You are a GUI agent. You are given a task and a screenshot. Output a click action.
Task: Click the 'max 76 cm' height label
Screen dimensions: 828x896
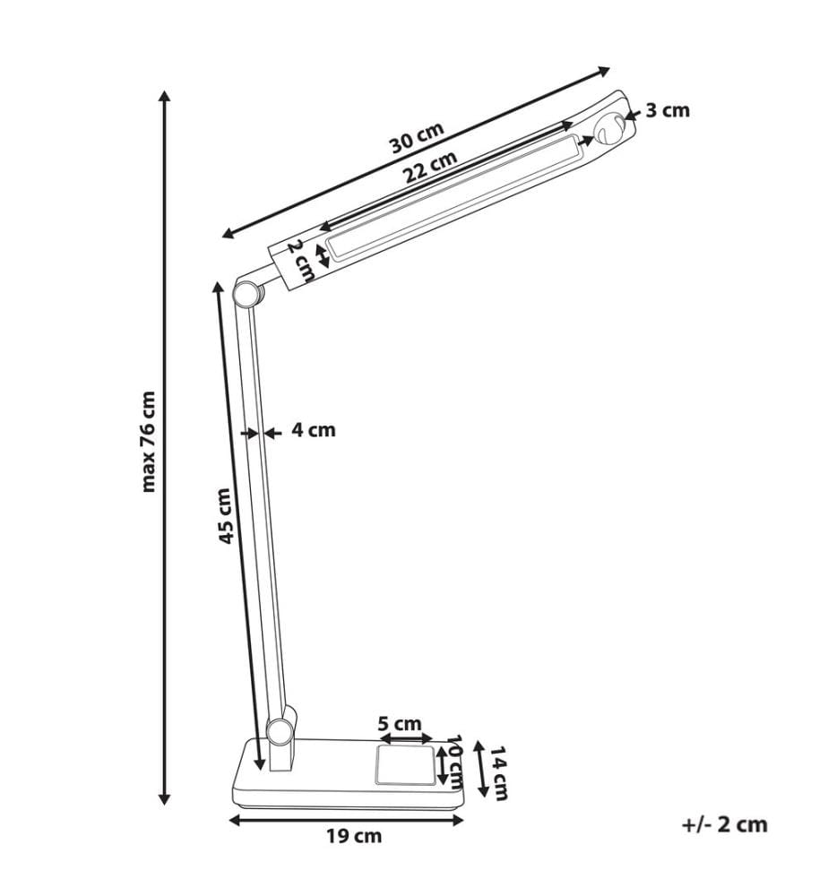pyautogui.click(x=148, y=442)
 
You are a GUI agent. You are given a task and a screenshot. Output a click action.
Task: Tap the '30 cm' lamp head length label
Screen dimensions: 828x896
pyautogui.click(x=417, y=139)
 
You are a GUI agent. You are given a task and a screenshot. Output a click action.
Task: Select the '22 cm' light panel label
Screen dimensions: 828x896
pyautogui.click(x=431, y=167)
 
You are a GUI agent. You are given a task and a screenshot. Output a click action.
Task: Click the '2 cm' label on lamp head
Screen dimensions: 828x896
pyautogui.click(x=300, y=261)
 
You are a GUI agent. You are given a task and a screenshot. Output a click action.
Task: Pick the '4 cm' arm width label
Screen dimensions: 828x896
pyautogui.click(x=314, y=430)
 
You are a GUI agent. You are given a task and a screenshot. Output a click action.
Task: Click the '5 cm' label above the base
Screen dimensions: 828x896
pyautogui.click(x=400, y=724)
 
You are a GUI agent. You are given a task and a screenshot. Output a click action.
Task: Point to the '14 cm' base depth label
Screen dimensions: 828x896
pyautogui.click(x=498, y=772)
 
